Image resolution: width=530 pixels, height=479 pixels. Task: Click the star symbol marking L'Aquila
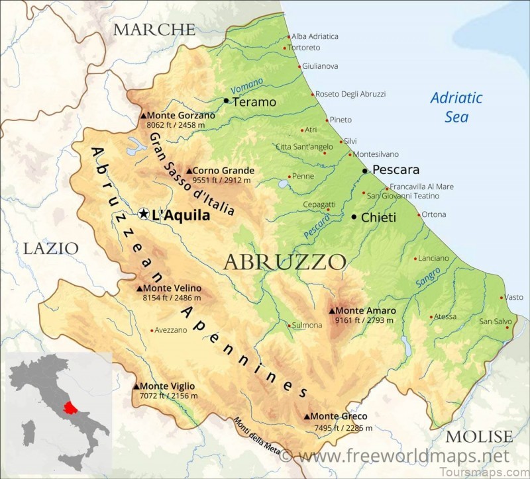(x=144, y=214)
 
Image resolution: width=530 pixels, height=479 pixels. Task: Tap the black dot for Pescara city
(x=365, y=171)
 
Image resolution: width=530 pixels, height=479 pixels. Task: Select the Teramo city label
(x=254, y=102)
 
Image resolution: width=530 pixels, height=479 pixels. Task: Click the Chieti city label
(x=379, y=217)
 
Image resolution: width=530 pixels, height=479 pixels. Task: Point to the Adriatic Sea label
(x=456, y=107)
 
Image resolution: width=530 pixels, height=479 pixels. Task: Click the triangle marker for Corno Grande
(x=189, y=171)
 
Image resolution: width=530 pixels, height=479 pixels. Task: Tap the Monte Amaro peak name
(x=366, y=310)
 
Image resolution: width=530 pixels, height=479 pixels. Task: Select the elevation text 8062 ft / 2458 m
(x=176, y=124)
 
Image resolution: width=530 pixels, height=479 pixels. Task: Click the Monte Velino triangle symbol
(x=139, y=288)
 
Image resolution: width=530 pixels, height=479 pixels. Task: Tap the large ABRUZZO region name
(x=285, y=262)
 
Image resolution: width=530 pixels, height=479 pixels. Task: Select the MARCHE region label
(x=154, y=29)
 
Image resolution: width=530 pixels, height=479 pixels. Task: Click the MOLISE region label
(x=479, y=437)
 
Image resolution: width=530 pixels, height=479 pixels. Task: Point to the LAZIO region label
(x=51, y=249)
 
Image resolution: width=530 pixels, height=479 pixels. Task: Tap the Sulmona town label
(x=307, y=325)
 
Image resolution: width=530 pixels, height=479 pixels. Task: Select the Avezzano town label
(x=171, y=330)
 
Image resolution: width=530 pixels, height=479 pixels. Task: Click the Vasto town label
(x=513, y=297)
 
